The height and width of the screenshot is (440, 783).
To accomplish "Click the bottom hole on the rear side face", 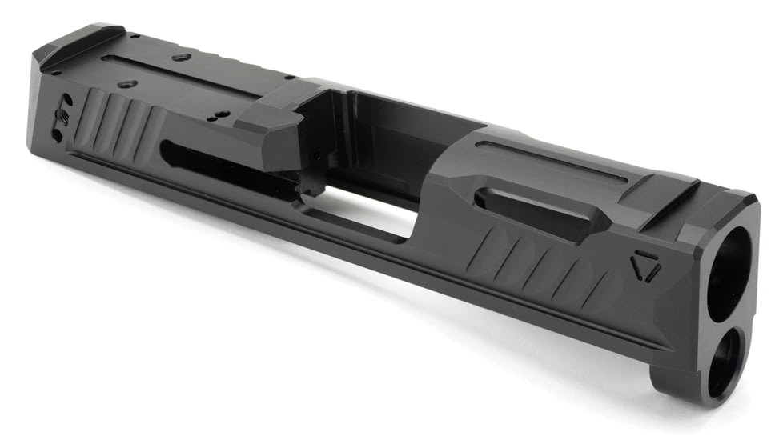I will tap(58, 134).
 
